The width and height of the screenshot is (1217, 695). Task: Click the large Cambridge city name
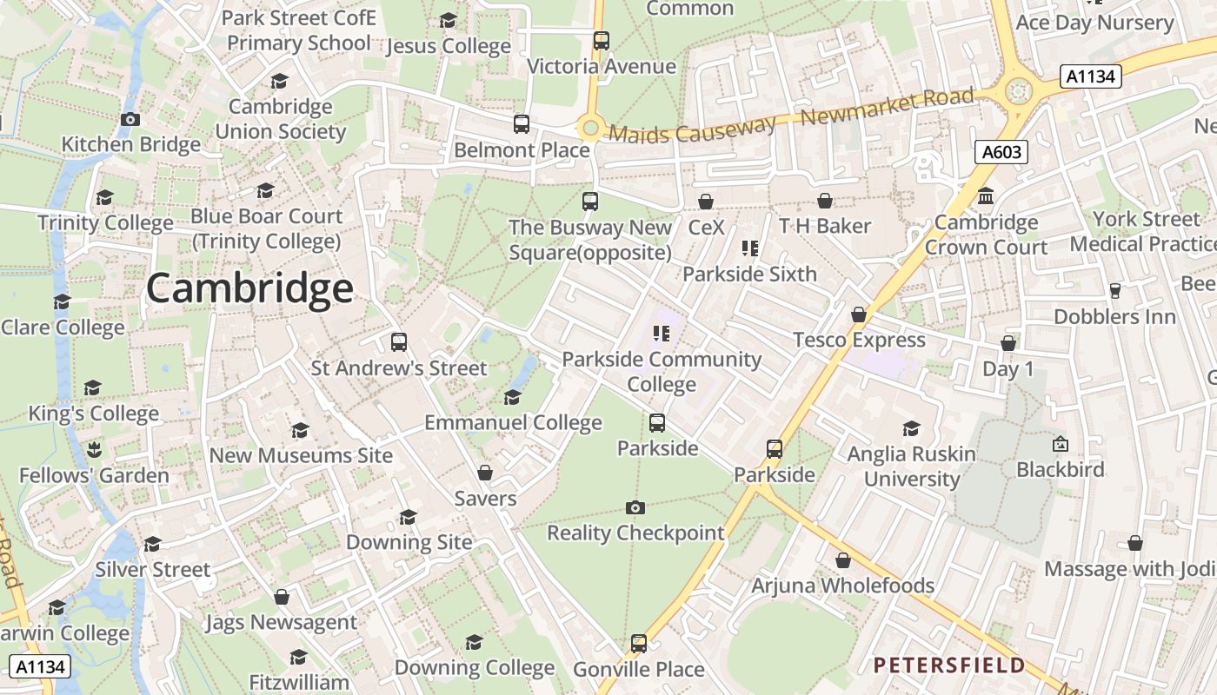coord(249,288)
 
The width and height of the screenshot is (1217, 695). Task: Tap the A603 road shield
coord(1000,153)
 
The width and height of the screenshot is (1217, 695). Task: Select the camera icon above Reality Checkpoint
coord(635,507)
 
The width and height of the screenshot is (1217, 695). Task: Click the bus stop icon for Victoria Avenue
coord(601,40)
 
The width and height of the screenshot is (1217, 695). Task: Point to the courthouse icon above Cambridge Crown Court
coord(986,195)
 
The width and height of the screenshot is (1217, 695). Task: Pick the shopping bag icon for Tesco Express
coord(859,314)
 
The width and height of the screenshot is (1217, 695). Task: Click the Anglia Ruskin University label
coord(911,467)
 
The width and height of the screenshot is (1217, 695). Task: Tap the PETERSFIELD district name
coord(949,665)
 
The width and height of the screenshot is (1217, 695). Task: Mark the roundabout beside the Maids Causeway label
coord(591,129)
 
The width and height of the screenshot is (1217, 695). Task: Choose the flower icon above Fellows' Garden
coord(94,449)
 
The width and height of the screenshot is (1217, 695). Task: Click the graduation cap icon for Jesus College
coord(448,20)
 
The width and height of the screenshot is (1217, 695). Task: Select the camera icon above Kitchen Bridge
coord(130,119)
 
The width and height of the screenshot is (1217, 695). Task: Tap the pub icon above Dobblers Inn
coord(1114,291)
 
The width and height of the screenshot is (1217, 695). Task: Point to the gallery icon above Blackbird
coord(1061,444)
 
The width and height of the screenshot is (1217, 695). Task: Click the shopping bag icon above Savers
coord(485,473)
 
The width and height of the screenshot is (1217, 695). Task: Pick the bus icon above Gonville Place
coord(639,644)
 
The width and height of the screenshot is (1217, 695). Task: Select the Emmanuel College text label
coord(513,423)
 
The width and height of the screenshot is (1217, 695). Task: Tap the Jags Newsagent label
coord(281,622)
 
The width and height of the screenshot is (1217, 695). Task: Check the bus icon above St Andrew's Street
coord(399,342)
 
